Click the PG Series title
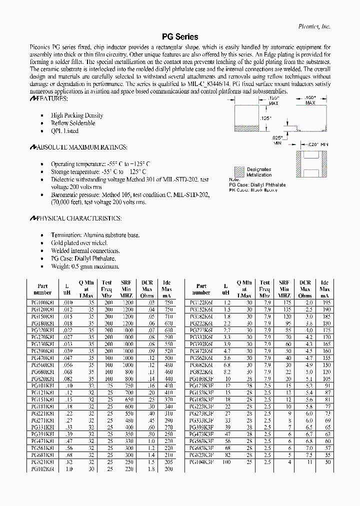pyautogui.click(x=180, y=37)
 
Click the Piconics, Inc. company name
pyautogui.click(x=313, y=26)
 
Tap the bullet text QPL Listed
pyautogui.click(x=64, y=131)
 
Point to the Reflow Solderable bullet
pyautogui.click(x=73, y=123)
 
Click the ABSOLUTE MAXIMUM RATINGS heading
pyautogui.click(x=78, y=147)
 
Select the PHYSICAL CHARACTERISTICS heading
pyautogui.click(x=75, y=218)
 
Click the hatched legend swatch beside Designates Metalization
pyautogui.click(x=239, y=172)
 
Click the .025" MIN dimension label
pyautogui.click(x=277, y=139)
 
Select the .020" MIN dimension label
pyautogui.click(x=318, y=144)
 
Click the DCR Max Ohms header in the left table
pyautogui.click(x=147, y=289)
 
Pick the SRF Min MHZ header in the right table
pyautogui.click(x=284, y=289)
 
